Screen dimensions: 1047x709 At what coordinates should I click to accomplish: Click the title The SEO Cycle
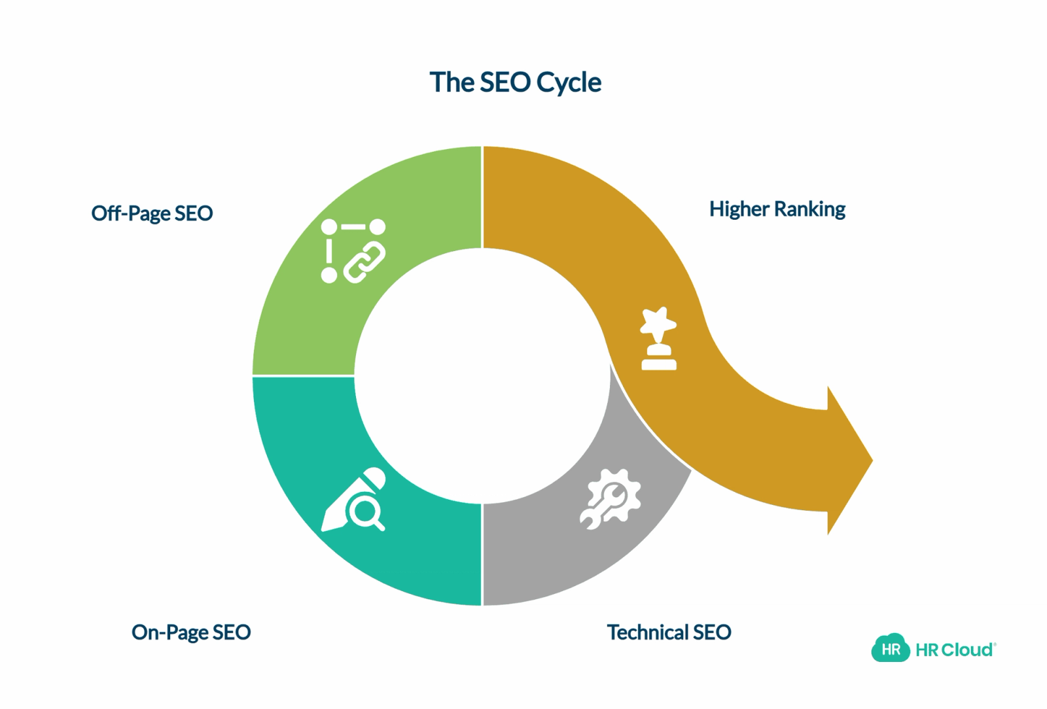point(515,82)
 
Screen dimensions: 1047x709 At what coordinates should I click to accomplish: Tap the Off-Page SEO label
point(152,213)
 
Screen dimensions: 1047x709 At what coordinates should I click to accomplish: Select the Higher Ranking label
point(777,209)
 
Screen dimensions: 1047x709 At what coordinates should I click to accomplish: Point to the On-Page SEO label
point(191,632)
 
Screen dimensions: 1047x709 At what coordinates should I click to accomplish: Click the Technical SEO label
point(669,632)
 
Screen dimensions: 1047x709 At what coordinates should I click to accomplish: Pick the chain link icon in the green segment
point(364,262)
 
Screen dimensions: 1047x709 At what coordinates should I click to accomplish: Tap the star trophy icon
point(658,339)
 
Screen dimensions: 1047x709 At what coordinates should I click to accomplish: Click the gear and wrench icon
point(610,499)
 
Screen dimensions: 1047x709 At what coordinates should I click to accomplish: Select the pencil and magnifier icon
point(354,500)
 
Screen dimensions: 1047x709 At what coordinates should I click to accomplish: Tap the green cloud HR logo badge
point(891,649)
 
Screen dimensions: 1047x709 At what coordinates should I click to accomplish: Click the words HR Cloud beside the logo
point(955,649)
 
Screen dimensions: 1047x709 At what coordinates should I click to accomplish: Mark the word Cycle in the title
point(569,83)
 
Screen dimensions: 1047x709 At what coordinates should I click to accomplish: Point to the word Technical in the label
point(647,632)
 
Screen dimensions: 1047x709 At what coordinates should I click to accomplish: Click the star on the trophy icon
point(658,320)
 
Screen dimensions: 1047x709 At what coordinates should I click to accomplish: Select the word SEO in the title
point(506,82)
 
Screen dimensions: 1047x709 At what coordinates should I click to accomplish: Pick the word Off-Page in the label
point(131,213)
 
